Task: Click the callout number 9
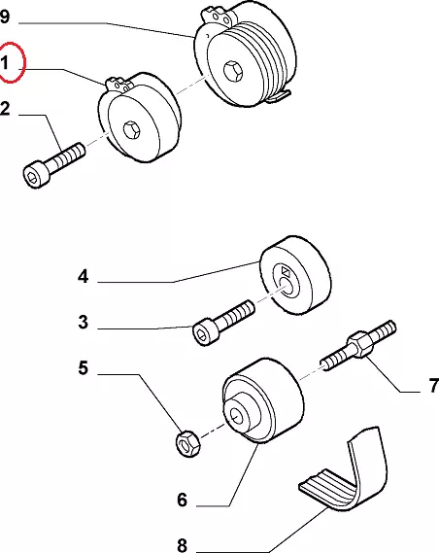(x=4, y=17)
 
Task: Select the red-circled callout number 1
(x=5, y=63)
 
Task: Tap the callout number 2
(x=5, y=108)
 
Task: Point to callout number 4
(x=84, y=276)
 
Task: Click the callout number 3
(x=84, y=322)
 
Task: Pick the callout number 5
(x=84, y=367)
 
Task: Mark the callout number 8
(x=182, y=545)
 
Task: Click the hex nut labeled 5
(x=187, y=443)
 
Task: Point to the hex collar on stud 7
(x=360, y=343)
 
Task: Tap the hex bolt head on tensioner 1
(x=132, y=129)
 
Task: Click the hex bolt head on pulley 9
(x=233, y=70)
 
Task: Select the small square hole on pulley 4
(x=286, y=271)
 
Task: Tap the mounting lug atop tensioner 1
(x=119, y=84)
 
